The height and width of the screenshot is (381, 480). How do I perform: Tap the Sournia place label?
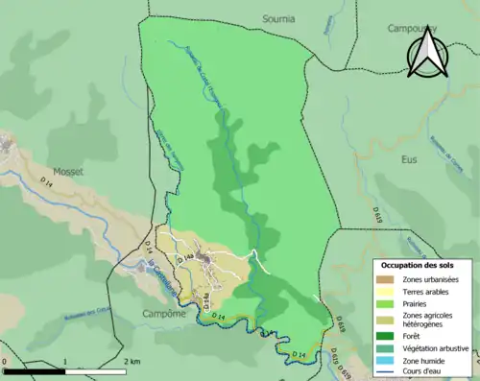coord(279,18)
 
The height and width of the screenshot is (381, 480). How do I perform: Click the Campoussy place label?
coord(412,29)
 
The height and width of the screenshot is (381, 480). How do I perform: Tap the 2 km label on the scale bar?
coord(132,362)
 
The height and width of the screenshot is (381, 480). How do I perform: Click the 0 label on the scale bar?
coord(5,362)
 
